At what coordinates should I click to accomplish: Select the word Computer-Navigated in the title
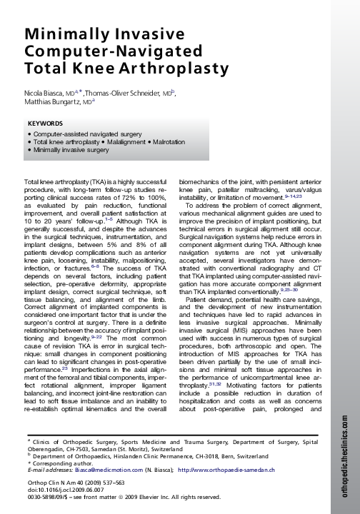(103, 54)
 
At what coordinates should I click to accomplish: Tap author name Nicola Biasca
(45, 93)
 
